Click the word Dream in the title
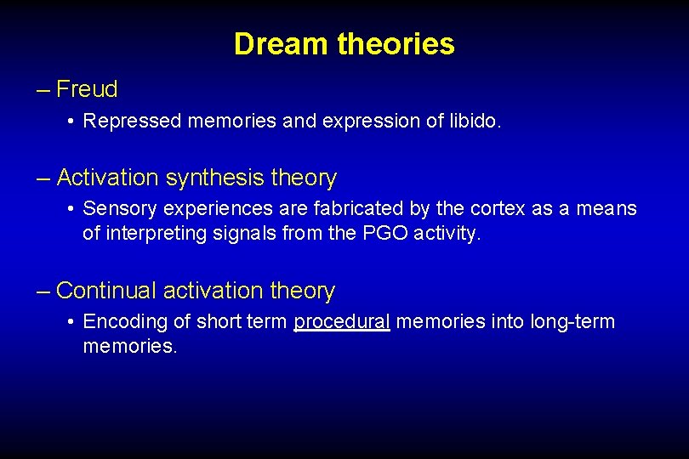282,44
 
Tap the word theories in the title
396,44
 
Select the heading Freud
87,88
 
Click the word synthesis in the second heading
215,178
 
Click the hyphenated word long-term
572,322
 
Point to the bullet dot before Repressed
71,122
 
